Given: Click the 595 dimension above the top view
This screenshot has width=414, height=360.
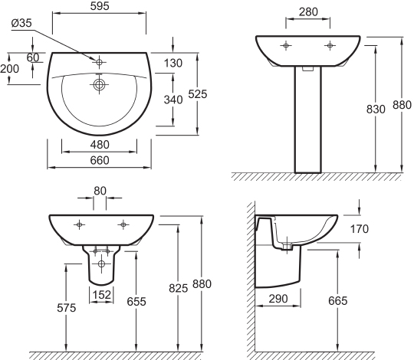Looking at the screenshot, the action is [x=100, y=6].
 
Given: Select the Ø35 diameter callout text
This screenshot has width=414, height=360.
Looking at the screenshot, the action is [x=21, y=23].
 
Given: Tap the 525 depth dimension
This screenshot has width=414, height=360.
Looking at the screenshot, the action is [x=198, y=94].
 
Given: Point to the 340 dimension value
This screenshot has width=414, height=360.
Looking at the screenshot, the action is [x=173, y=100].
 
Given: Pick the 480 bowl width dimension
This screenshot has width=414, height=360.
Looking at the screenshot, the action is [x=100, y=145].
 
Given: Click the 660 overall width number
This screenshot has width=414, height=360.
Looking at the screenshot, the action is [x=100, y=160].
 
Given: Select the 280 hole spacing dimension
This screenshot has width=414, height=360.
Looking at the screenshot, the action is [x=308, y=11].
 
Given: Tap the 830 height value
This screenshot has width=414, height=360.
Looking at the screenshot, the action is [x=376, y=110].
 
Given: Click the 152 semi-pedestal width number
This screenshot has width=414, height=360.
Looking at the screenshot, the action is [x=102, y=295].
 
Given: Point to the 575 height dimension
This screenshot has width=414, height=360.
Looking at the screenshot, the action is [x=66, y=308].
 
